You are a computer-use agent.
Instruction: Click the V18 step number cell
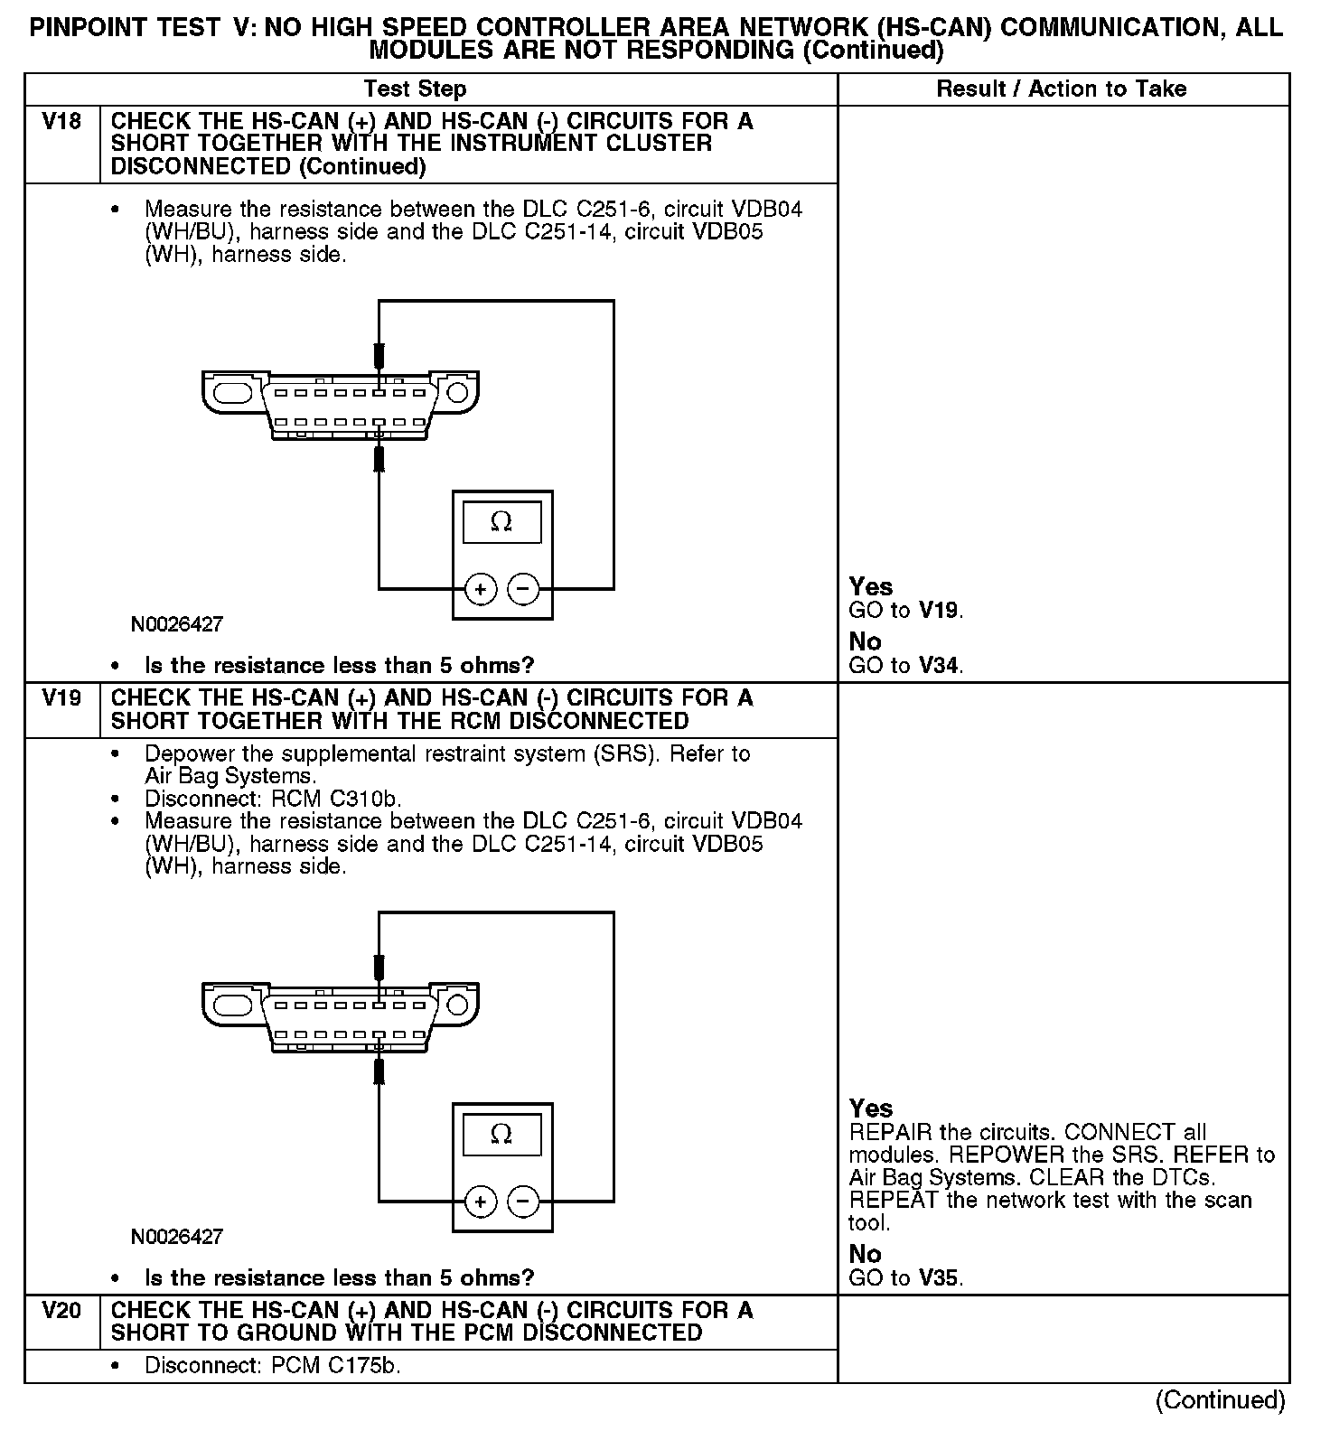coord(61,121)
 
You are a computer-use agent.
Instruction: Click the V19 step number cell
coord(61,698)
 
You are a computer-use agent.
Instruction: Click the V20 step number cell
coord(61,1310)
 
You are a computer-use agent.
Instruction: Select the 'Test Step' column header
coord(415,89)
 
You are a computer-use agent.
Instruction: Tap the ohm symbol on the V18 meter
coord(501,522)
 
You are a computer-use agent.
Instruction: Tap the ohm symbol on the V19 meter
coord(501,1135)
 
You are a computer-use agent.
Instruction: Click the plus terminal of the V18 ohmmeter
coord(481,590)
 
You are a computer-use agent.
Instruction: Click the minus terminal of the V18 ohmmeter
coord(523,590)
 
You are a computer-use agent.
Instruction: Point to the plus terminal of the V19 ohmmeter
coord(481,1202)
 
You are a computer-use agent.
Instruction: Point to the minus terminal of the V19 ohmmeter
coord(523,1202)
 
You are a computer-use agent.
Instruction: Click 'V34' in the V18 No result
coord(940,666)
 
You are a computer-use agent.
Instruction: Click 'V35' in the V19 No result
coord(940,1278)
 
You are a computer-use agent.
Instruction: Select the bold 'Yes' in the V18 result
coord(870,586)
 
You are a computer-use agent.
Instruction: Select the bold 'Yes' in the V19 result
coord(870,1108)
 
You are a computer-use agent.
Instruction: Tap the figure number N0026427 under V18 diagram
coord(176,624)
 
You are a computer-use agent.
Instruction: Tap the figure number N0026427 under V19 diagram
coord(176,1237)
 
